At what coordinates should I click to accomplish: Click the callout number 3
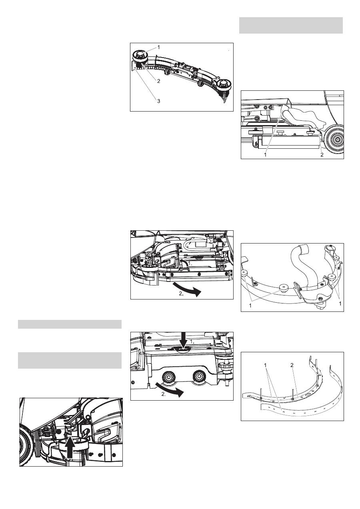click(x=159, y=101)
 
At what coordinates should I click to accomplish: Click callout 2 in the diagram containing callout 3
click(x=159, y=81)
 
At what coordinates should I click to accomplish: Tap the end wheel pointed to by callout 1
click(x=140, y=56)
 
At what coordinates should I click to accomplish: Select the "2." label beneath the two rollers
click(x=164, y=394)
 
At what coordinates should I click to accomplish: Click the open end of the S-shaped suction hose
click(x=301, y=248)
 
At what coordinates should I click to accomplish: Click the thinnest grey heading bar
click(x=70, y=324)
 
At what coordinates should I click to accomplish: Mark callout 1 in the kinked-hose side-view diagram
click(x=265, y=155)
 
